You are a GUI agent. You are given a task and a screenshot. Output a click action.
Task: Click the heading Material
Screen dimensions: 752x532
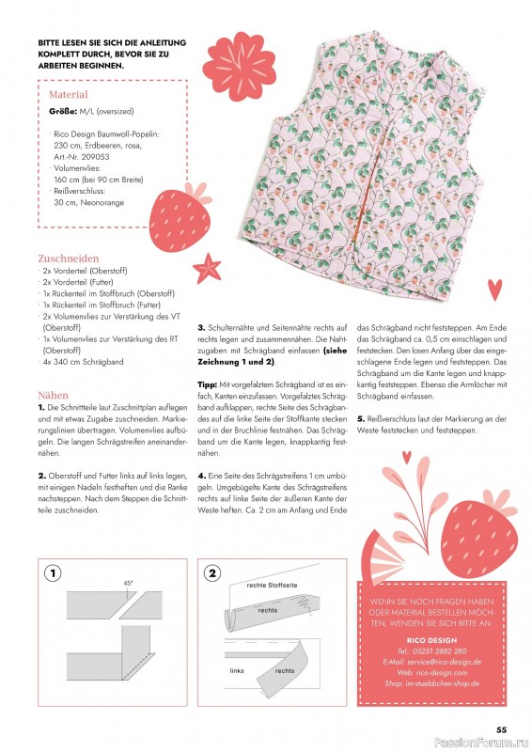point(68,95)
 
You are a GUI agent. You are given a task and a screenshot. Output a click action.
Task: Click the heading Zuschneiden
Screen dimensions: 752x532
point(69,258)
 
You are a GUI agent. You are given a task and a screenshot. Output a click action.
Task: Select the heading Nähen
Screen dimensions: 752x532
point(54,396)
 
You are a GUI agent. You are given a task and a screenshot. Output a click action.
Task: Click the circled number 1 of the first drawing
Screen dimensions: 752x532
point(54,572)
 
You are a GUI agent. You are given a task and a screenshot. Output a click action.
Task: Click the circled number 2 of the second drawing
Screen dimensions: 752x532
point(212,572)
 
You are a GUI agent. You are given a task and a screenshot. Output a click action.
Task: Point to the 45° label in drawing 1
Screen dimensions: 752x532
point(129,584)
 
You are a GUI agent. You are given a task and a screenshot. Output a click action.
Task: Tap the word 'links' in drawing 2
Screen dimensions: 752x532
point(237,671)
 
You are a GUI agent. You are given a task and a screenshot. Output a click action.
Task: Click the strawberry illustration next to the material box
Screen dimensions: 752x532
point(181,220)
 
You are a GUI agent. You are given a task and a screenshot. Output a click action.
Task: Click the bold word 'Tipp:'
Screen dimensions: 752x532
point(209,385)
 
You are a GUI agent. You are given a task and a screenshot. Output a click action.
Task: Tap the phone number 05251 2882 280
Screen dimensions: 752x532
point(433,650)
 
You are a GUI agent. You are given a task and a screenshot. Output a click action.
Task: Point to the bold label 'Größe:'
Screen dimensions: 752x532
point(64,112)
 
